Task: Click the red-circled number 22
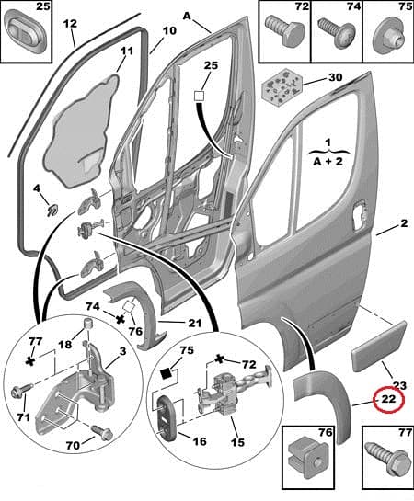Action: point(388,401)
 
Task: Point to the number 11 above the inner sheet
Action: point(126,51)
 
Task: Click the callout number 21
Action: point(194,322)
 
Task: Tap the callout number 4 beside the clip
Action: point(37,189)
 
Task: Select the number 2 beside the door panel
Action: point(403,223)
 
